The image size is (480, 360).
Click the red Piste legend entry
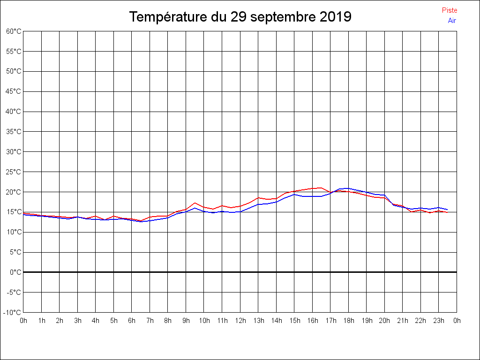[x=449, y=10]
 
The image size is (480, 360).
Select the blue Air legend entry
[x=452, y=21]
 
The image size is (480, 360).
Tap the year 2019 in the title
[x=336, y=17]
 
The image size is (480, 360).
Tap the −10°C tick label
[x=13, y=312]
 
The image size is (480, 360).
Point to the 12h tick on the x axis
[x=240, y=321]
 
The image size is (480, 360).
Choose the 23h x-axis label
[x=439, y=321]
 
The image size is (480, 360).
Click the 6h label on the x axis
[x=132, y=321]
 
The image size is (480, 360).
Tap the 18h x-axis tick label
[x=348, y=321]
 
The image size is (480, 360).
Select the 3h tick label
[x=77, y=321]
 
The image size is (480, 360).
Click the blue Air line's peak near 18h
[x=347, y=188]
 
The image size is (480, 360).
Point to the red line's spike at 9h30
[x=195, y=203]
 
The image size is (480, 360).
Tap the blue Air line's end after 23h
[x=448, y=210]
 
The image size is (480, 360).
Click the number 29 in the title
[x=238, y=17]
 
